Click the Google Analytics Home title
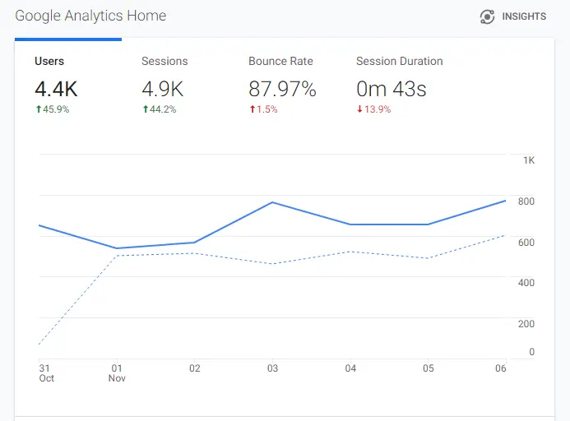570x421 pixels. pos(90,16)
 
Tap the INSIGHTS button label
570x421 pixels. pos(524,16)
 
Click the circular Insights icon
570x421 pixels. pos(487,16)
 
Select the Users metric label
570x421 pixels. pos(49,61)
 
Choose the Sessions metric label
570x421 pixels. pos(165,61)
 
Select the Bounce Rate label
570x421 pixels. pos(280,61)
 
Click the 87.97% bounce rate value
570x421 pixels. pos(282,88)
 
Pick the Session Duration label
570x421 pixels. pos(399,61)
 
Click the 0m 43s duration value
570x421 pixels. pos(391,88)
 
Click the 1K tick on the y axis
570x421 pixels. pos(529,160)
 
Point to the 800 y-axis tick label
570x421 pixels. pos(526,201)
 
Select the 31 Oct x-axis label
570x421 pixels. pos(45,373)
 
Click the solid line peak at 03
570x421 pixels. pos(272,202)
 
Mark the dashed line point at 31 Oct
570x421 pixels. pos(39,344)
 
